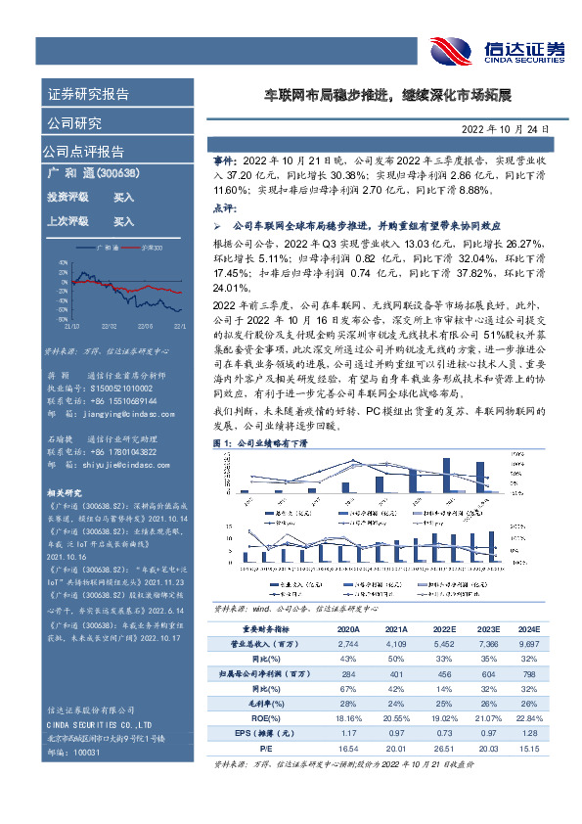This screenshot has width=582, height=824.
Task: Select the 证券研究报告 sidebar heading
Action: click(x=88, y=95)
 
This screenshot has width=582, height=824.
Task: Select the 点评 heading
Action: click(x=224, y=208)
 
